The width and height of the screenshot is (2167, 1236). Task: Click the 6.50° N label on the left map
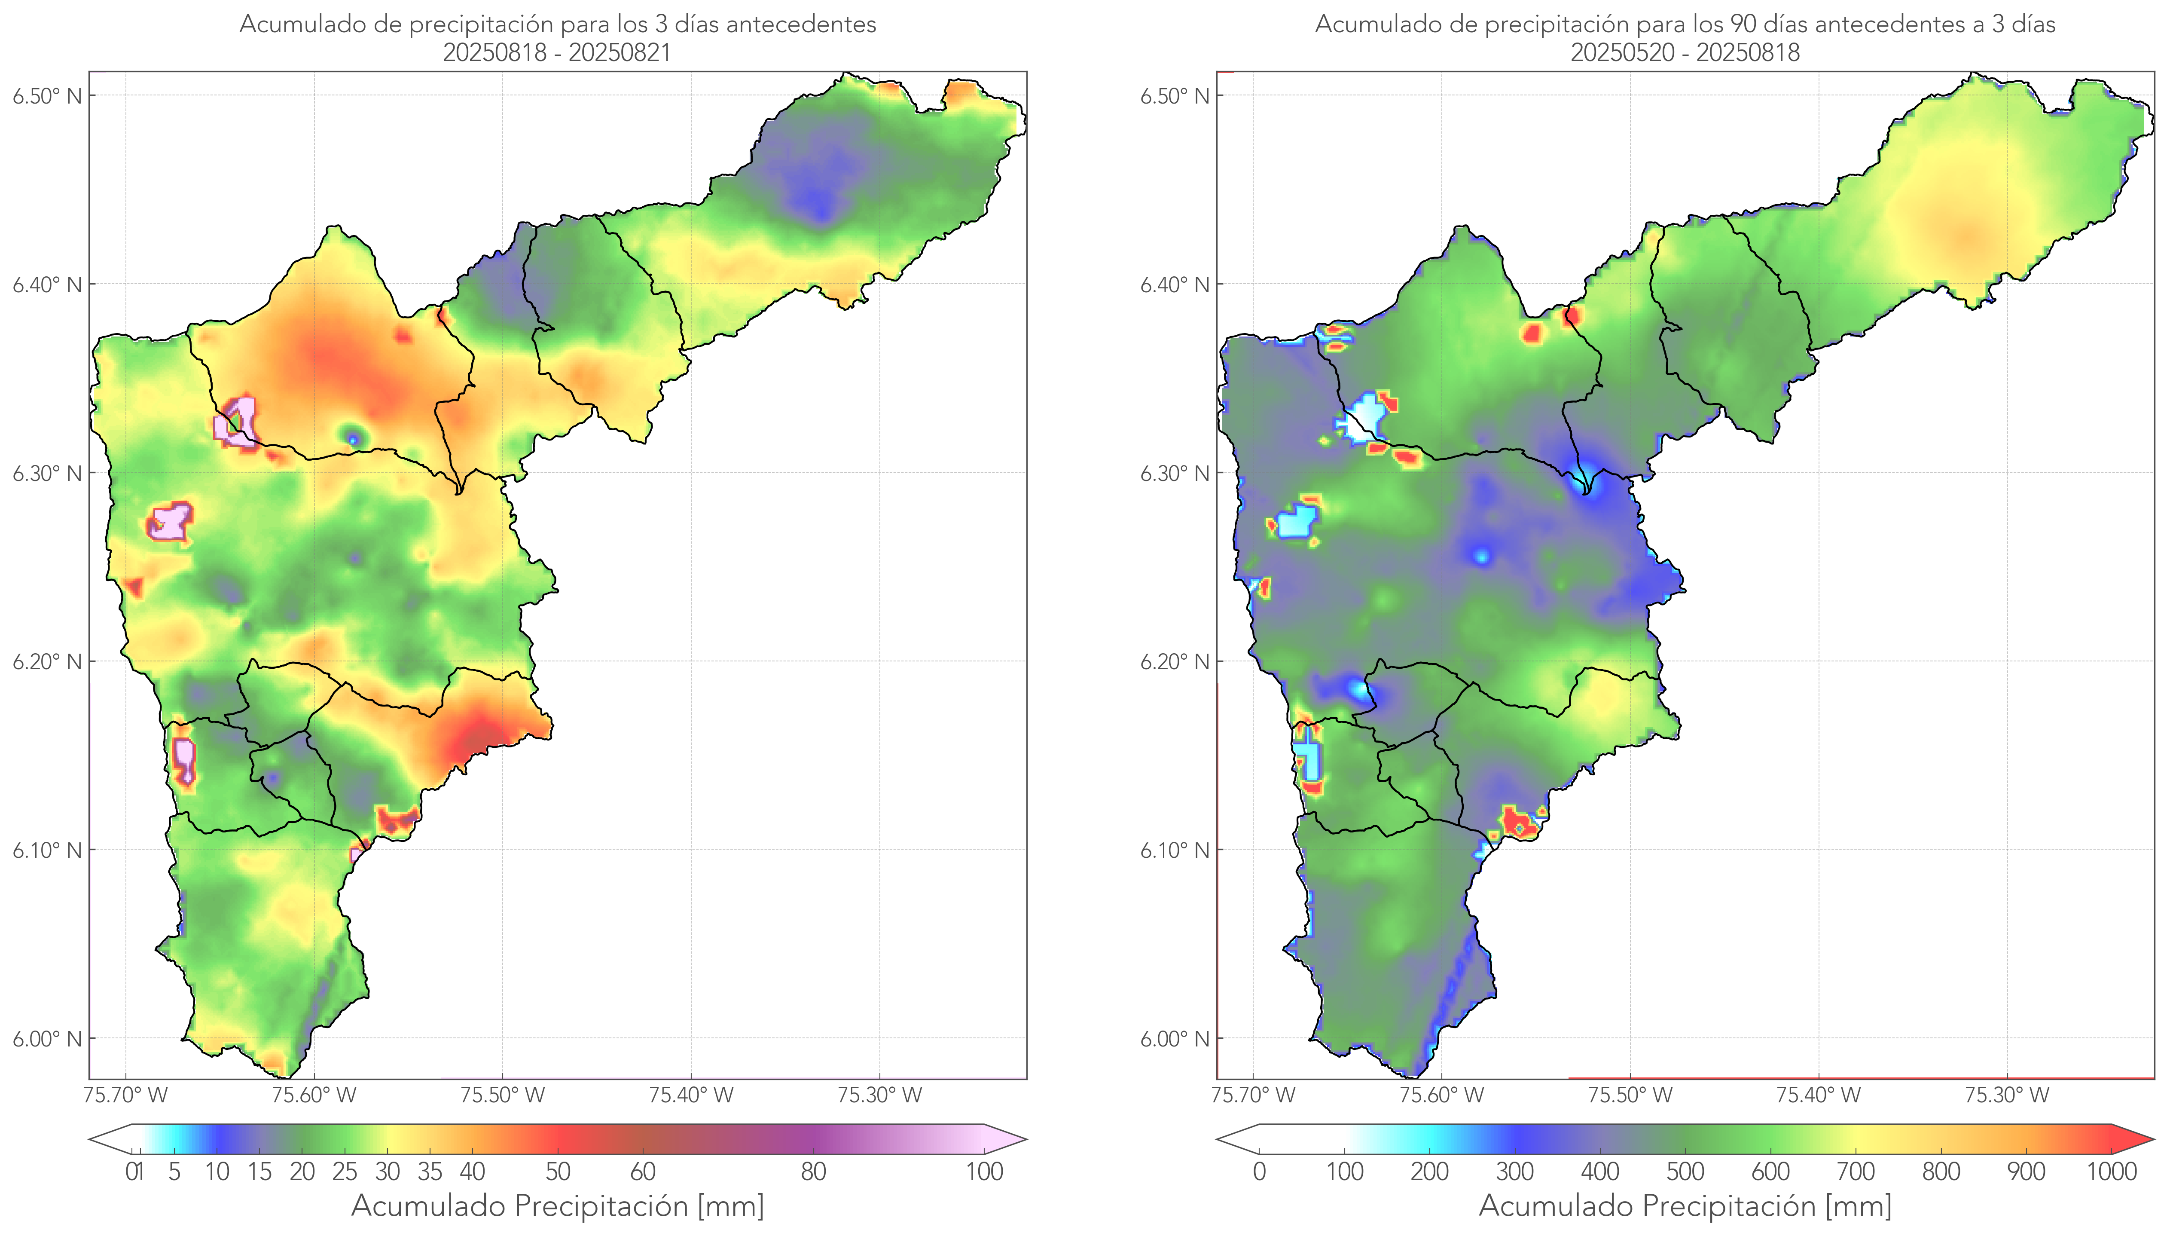(x=47, y=96)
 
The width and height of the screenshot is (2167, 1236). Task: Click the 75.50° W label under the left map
(x=502, y=1095)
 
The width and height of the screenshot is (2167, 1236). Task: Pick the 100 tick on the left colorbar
(x=984, y=1172)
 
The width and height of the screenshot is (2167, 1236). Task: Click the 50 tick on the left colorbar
(x=558, y=1172)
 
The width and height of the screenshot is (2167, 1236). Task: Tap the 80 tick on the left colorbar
(x=813, y=1172)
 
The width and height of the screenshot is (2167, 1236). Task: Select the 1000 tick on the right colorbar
(x=2111, y=1172)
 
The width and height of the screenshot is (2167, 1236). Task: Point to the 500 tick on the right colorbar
(x=1685, y=1172)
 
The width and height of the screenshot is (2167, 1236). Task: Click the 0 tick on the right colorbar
(x=1259, y=1172)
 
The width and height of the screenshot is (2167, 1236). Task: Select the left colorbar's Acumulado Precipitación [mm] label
(x=558, y=1205)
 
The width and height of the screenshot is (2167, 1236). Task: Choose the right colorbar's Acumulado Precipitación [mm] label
(x=1685, y=1205)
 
